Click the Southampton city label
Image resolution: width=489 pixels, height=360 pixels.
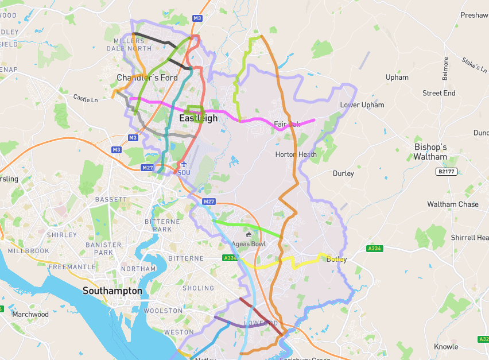tap(112, 291)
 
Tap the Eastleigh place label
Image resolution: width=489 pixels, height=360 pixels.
tap(199, 118)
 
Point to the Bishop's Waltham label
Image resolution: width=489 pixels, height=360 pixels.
tap(430, 152)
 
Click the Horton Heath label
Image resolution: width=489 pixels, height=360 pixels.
tap(296, 154)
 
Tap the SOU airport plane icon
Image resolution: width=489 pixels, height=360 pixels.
tap(184, 164)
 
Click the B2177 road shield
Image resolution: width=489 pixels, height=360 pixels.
tap(446, 172)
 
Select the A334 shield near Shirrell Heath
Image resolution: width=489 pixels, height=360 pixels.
tap(374, 249)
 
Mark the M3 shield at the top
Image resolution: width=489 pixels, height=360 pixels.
tap(197, 18)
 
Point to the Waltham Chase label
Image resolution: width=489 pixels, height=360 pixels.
tap(452, 204)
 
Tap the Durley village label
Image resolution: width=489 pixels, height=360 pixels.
tap(343, 173)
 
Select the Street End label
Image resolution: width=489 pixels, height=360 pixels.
tap(438, 93)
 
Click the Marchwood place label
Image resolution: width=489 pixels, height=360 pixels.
tap(30, 314)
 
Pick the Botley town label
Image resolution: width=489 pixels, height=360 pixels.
tap(336, 260)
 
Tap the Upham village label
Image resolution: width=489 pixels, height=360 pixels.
tap(397, 77)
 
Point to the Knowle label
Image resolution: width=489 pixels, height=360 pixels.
tap(446, 346)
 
